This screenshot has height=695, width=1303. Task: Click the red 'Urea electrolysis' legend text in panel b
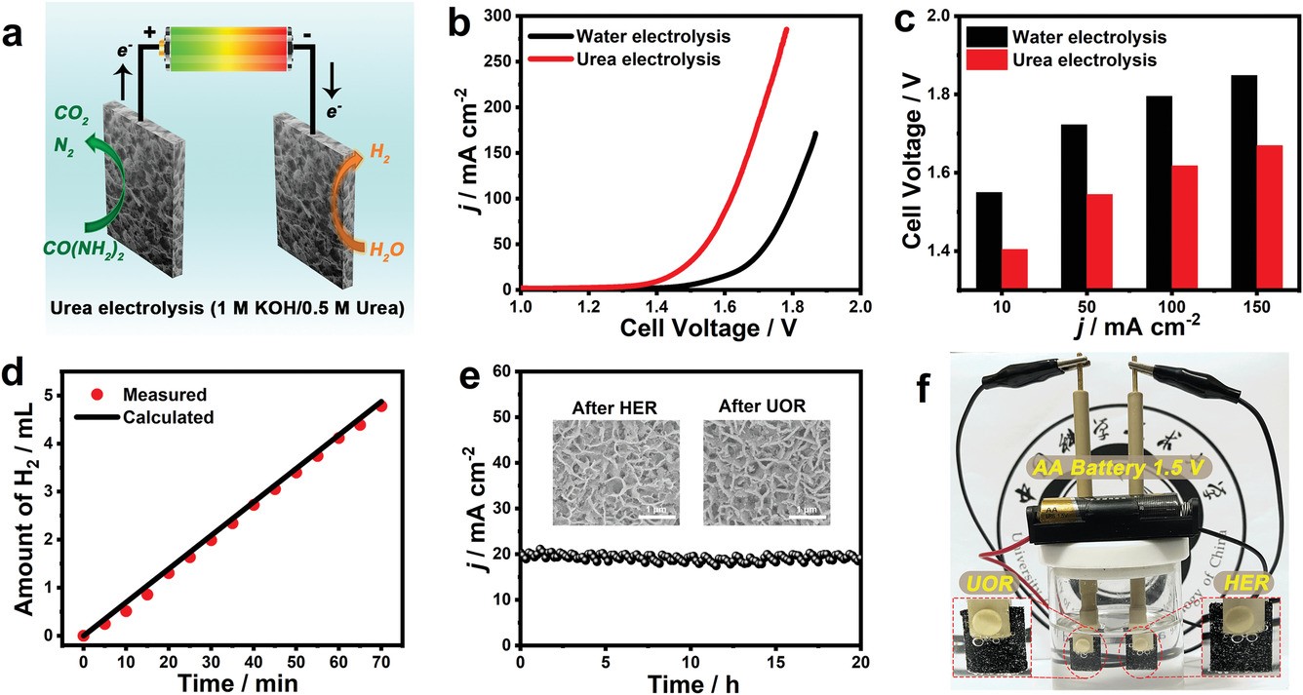[652, 59]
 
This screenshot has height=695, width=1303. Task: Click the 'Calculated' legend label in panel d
[168, 417]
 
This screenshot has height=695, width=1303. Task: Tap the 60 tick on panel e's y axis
[502, 371]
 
